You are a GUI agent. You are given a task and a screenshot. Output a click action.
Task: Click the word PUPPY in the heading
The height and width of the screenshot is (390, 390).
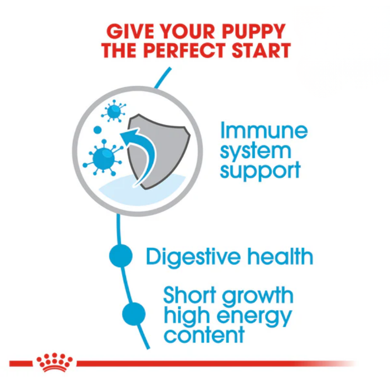point(254,31)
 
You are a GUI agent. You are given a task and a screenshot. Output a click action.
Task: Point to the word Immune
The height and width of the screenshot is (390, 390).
point(264,130)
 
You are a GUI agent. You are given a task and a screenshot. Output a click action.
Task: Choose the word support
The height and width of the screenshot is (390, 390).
point(260,170)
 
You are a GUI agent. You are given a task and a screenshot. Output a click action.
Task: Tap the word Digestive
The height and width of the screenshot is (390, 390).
point(192,257)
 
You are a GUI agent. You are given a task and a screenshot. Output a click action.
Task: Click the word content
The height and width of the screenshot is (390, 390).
point(204,335)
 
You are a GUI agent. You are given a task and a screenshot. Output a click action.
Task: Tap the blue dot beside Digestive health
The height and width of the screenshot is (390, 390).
point(121,256)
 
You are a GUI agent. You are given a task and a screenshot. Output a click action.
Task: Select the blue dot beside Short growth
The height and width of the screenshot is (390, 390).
point(134,314)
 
